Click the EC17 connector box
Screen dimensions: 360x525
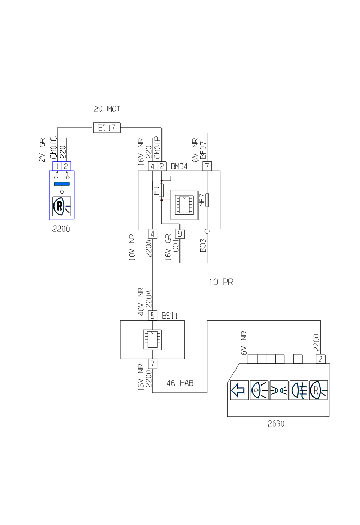(x=106, y=128)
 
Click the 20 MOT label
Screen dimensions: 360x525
(x=107, y=109)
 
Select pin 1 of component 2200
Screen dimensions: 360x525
(x=57, y=166)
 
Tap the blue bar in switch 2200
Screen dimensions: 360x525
(x=62, y=184)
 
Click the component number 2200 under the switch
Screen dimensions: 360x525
(x=61, y=229)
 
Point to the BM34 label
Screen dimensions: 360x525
(x=179, y=166)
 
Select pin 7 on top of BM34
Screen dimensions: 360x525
(x=207, y=166)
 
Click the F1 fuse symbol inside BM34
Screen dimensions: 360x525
(x=161, y=190)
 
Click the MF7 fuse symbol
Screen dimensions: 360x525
(x=207, y=200)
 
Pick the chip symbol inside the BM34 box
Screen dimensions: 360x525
(x=184, y=205)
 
